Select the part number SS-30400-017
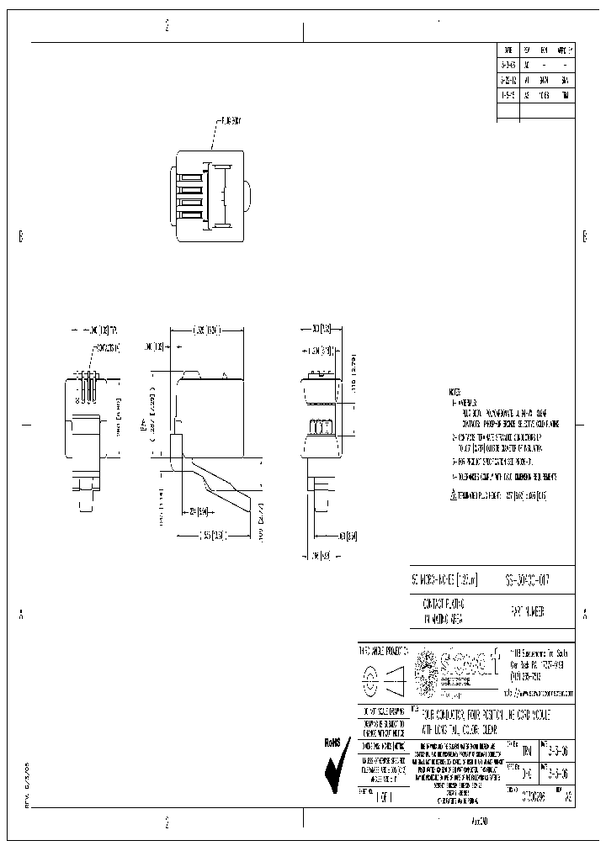pyautogui.click(x=520, y=580)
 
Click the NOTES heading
pyautogui.click(x=455, y=393)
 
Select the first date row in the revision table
pyautogui.click(x=508, y=63)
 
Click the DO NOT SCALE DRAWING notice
pyautogui.click(x=385, y=711)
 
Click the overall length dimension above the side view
pyautogui.click(x=207, y=330)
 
